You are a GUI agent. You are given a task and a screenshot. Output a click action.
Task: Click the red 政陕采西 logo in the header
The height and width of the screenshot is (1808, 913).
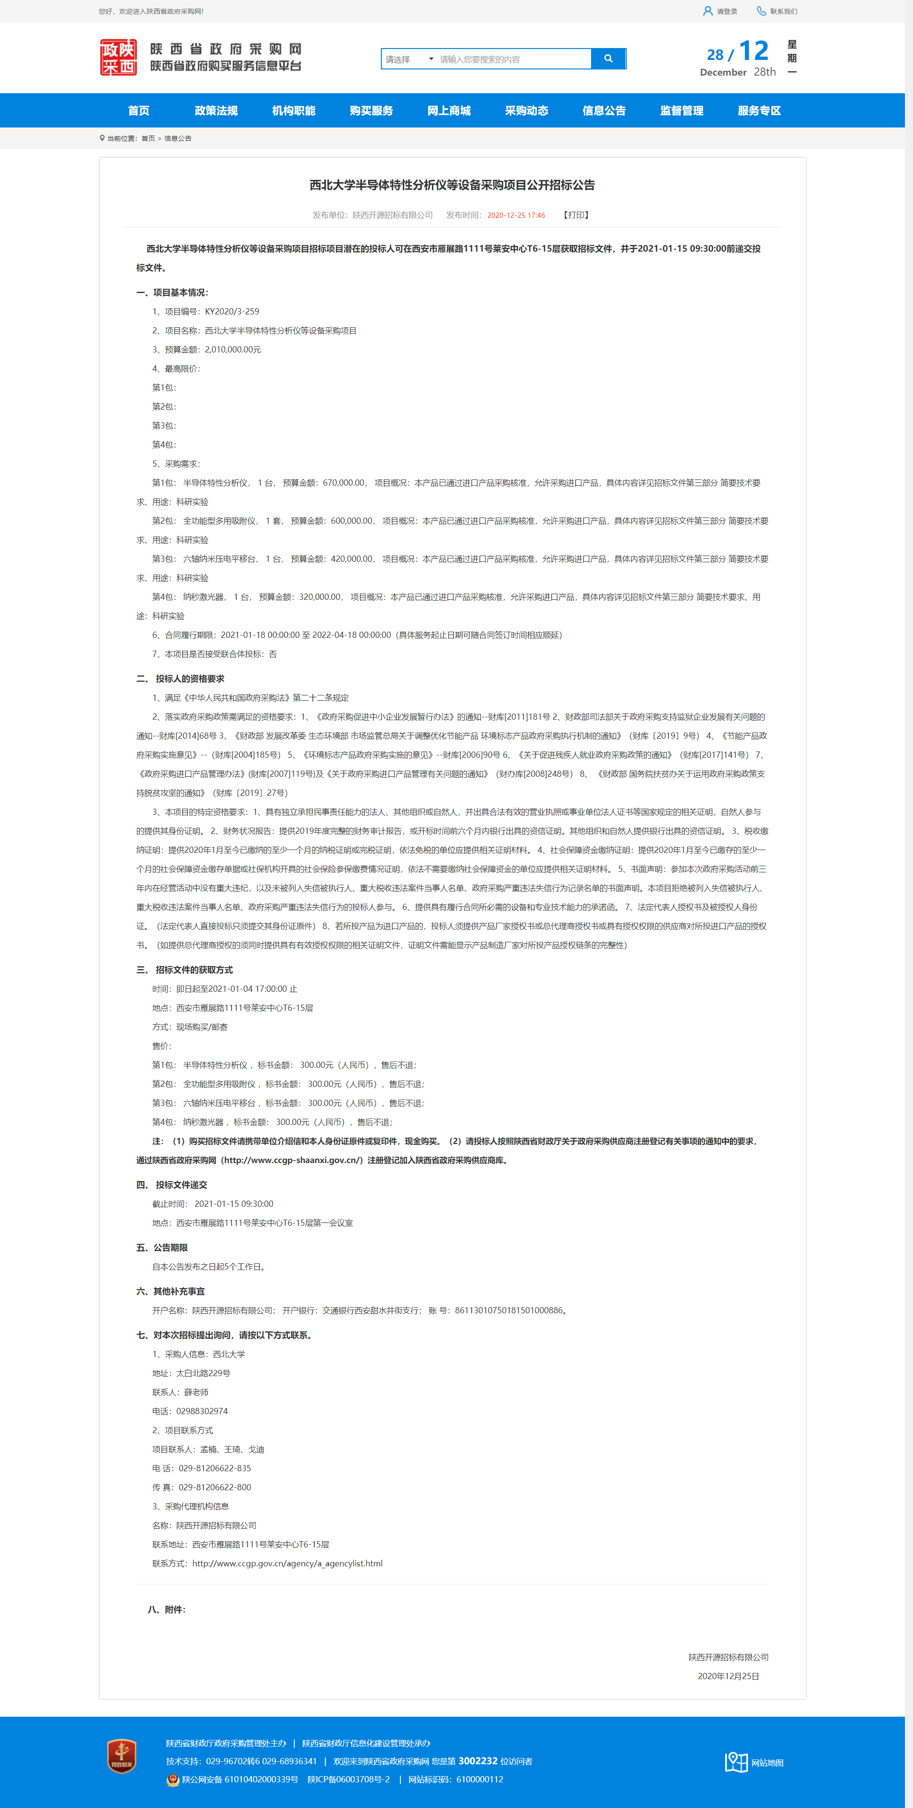(x=118, y=58)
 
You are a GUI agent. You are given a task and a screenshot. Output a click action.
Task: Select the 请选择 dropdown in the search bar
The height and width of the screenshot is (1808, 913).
(x=409, y=59)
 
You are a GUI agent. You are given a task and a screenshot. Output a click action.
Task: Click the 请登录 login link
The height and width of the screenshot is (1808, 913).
(x=721, y=11)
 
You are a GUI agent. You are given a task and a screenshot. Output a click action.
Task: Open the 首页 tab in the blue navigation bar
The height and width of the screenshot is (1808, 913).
(x=138, y=111)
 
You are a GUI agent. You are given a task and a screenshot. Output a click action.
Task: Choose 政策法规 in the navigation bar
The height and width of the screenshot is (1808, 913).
(x=216, y=111)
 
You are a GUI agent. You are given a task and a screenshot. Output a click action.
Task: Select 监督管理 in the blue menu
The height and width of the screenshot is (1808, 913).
(x=681, y=111)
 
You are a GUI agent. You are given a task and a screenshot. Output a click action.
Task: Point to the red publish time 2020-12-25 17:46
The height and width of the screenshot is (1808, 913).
(x=516, y=215)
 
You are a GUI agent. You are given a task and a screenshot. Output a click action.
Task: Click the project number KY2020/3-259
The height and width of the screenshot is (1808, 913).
(x=232, y=312)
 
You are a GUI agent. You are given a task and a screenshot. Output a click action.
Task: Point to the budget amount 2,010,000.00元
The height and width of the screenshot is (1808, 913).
(x=232, y=350)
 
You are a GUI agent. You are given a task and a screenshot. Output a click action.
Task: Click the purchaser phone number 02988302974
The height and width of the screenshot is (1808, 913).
(x=202, y=1411)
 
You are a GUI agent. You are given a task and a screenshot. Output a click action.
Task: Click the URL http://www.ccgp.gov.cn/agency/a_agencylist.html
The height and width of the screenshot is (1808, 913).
(x=287, y=1563)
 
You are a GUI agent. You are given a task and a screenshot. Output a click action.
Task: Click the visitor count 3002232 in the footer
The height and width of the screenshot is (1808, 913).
(x=478, y=1761)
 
